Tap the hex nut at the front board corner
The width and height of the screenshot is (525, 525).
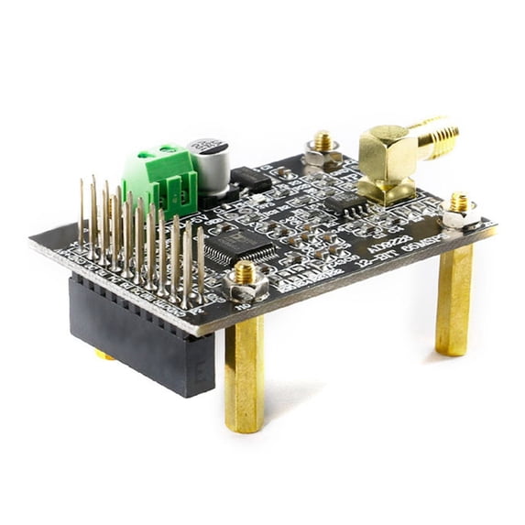(246, 280)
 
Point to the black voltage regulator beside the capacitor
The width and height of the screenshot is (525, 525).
(249, 179)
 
